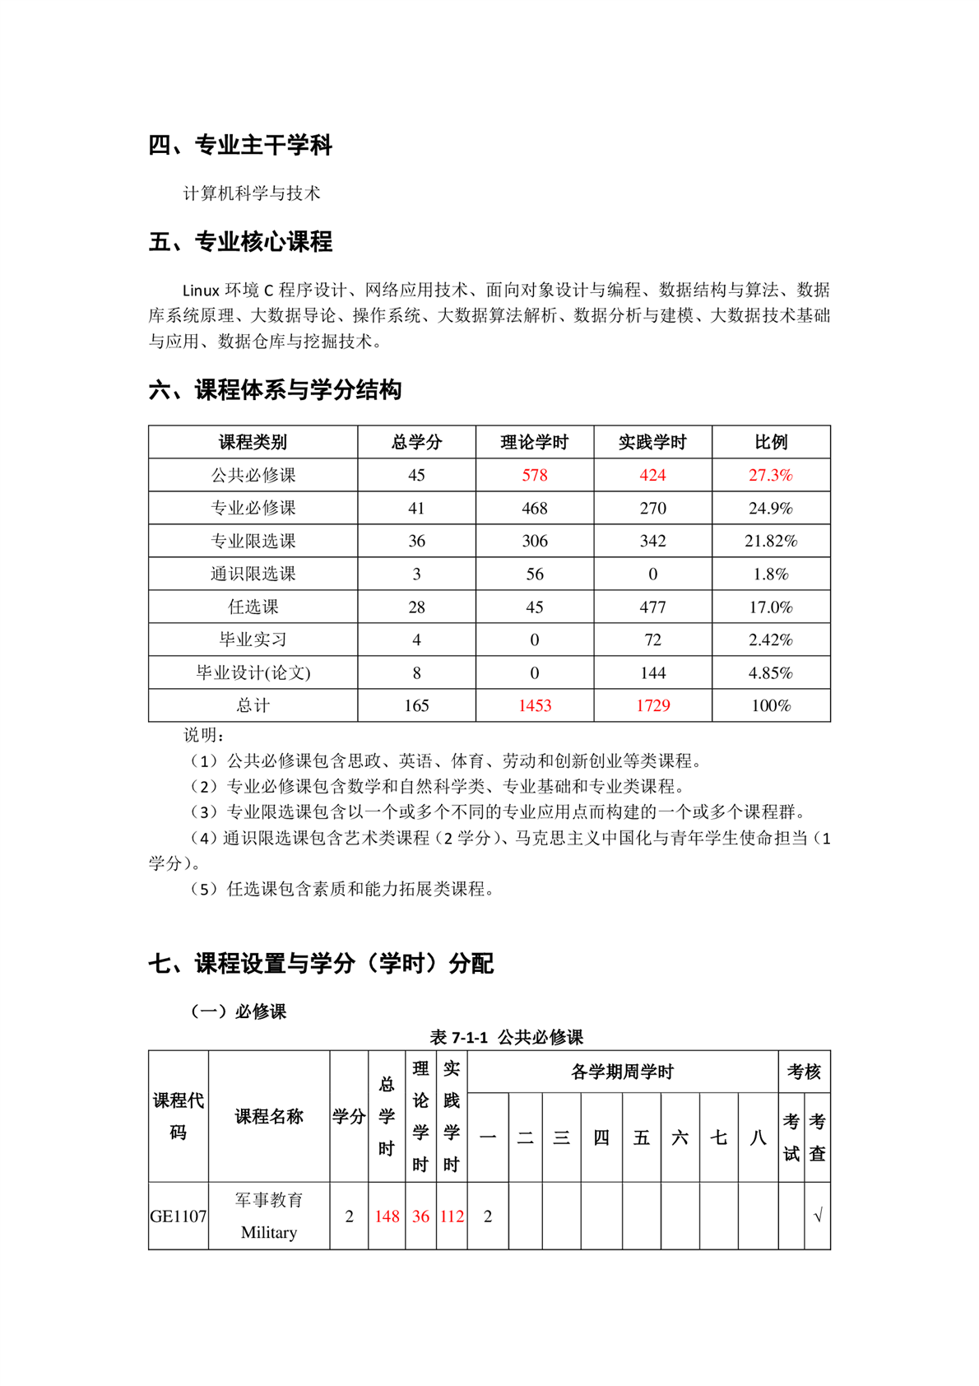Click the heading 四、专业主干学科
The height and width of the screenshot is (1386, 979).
click(x=240, y=146)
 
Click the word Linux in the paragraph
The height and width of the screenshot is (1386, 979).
click(x=201, y=291)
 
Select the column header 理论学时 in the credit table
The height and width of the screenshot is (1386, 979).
click(x=534, y=442)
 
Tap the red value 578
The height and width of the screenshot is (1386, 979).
click(x=534, y=475)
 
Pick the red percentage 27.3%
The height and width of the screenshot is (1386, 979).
click(x=770, y=475)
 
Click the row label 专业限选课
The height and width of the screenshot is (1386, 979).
click(x=253, y=541)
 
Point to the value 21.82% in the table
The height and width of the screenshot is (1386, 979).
click(x=770, y=541)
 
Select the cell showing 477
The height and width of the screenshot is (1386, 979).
click(x=652, y=607)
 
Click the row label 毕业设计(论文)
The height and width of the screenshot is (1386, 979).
click(x=253, y=672)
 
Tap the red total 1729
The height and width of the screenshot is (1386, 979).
click(x=652, y=705)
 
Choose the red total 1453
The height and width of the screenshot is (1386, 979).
click(x=534, y=705)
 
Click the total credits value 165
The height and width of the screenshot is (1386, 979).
click(x=416, y=705)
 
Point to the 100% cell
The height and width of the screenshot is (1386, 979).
click(x=770, y=705)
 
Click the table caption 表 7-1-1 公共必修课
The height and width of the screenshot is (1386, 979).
click(x=506, y=1037)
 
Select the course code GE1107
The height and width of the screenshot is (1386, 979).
click(x=179, y=1216)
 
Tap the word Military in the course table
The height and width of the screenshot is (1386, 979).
click(x=269, y=1232)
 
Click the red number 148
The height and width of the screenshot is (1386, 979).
click(x=387, y=1216)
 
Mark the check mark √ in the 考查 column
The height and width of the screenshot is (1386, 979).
click(x=817, y=1216)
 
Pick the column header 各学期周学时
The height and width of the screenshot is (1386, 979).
click(x=622, y=1072)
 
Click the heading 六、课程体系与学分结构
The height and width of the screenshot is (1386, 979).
click(x=275, y=390)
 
